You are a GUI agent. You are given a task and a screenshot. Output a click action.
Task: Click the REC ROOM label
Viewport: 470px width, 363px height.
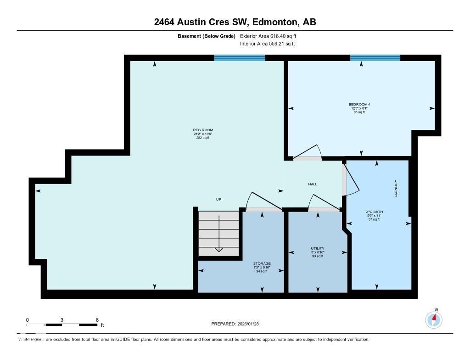coord(202,130)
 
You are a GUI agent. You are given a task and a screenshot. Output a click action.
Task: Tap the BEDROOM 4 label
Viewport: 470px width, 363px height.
coord(359,105)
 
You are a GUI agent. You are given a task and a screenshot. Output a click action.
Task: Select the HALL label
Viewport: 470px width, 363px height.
coord(313,184)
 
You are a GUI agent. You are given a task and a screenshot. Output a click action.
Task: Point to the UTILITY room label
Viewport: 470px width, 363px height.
coord(318,249)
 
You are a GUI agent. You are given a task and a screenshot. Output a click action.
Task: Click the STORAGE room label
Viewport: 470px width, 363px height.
coord(262,263)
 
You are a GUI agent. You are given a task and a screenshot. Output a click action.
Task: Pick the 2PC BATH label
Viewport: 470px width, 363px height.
coord(374,212)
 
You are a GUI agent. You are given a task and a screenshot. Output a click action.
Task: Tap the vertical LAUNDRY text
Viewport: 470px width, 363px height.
coord(395,189)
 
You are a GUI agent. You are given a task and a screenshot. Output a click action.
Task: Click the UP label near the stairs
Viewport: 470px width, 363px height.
coord(219,199)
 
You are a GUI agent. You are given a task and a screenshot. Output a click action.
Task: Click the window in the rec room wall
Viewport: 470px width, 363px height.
coord(240,58)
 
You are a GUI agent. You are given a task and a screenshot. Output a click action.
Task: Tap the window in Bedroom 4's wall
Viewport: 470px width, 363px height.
coord(375,58)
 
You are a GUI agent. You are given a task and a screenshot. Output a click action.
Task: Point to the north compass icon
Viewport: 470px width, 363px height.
coord(434,318)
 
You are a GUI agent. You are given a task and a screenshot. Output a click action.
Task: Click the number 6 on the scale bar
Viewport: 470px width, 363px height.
coord(97,320)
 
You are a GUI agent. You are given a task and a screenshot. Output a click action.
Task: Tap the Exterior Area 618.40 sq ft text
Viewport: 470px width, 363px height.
coord(271,36)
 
